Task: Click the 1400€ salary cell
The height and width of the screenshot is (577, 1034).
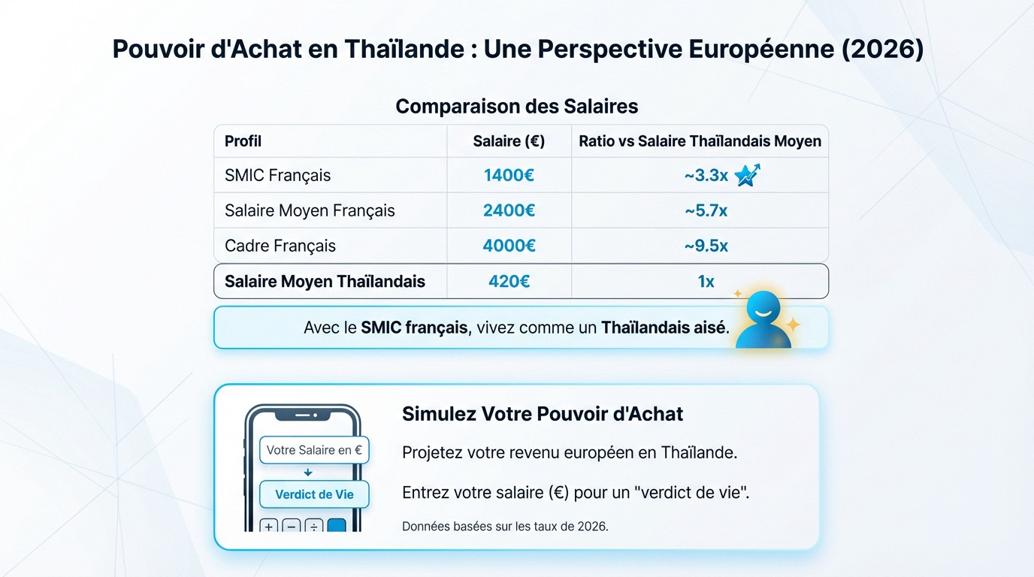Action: point(509,176)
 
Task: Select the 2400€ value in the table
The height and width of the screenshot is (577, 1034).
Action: point(509,211)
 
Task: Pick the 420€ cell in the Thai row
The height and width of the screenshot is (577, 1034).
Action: point(509,282)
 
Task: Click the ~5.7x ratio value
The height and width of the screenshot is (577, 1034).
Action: point(706,211)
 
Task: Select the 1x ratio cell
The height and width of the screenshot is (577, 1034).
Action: point(706,282)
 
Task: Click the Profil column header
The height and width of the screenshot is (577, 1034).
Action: point(243,141)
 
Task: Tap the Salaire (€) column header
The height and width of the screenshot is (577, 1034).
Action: point(509,141)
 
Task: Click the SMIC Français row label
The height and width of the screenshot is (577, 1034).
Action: point(277,176)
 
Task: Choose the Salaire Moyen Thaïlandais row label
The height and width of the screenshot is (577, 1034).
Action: point(325,282)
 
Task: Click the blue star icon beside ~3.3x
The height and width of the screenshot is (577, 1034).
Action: point(747,175)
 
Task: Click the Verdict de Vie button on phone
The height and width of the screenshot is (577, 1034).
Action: point(314,494)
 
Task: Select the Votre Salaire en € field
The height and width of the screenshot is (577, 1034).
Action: point(314,451)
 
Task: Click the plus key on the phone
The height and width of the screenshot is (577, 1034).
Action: point(268,526)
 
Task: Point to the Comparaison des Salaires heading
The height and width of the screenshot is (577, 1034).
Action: point(517,106)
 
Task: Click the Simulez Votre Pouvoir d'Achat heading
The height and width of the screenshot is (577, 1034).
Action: point(543,414)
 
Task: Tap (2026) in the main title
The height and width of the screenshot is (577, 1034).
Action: point(883,50)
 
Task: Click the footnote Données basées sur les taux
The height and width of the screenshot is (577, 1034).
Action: point(505,527)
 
